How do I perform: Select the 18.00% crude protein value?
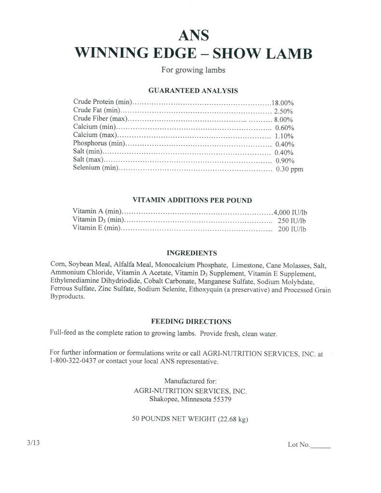[283, 103]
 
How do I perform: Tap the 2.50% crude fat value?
[284, 111]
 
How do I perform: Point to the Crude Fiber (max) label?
[100, 119]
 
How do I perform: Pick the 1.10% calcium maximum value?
[284, 136]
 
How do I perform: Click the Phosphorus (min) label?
[99, 143]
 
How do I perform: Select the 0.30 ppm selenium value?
[289, 169]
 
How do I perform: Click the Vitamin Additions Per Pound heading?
[192, 200]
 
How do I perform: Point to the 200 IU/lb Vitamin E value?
[292, 229]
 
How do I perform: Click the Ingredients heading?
[192, 253]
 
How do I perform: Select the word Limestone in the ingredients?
[247, 265]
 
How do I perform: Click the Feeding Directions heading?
[191, 321]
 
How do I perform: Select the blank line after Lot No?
[321, 446]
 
